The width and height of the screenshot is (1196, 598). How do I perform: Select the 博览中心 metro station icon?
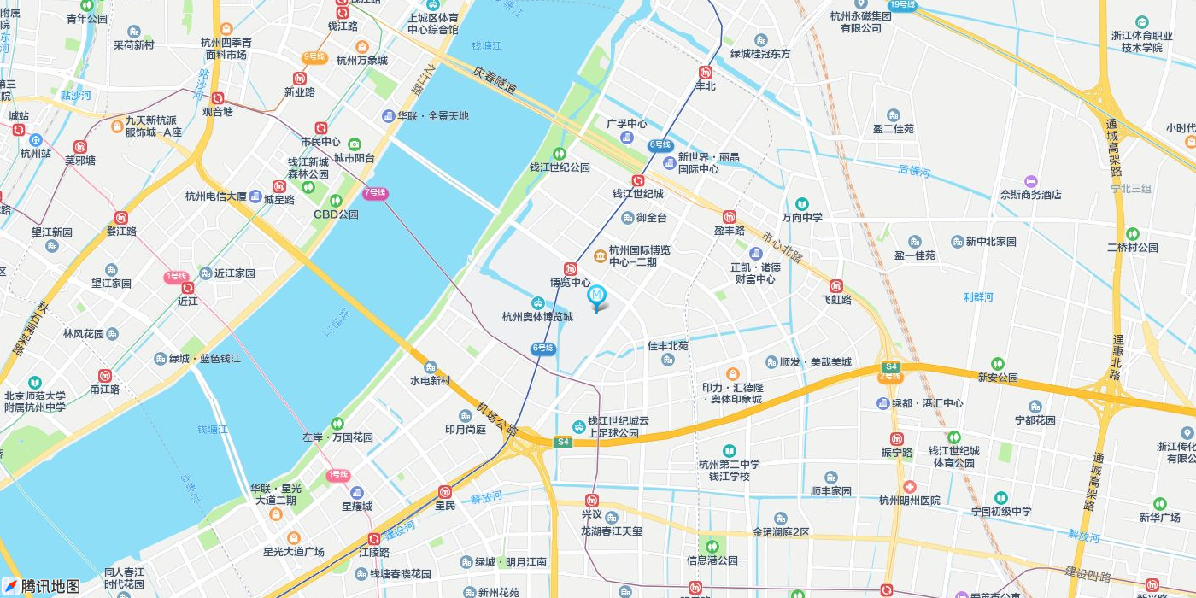click(x=571, y=268)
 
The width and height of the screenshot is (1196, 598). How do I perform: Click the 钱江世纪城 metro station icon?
click(x=637, y=180)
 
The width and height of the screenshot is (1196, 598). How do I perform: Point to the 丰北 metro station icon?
click(x=706, y=73)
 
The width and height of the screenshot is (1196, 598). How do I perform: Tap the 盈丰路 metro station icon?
click(x=729, y=217)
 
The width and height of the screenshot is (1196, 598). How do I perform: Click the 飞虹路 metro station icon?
click(x=836, y=286)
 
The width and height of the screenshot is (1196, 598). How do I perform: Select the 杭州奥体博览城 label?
click(x=537, y=316)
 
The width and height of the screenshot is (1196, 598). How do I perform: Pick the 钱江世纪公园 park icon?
click(x=560, y=154)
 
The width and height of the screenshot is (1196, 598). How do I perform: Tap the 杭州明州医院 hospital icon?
click(x=910, y=486)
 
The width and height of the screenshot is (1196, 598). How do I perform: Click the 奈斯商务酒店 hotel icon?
click(x=1031, y=181)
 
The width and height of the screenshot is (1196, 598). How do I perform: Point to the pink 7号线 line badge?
click(x=375, y=193)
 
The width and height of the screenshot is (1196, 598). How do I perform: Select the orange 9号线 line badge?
click(x=314, y=57)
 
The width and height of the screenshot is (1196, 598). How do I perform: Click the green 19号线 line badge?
click(x=902, y=5)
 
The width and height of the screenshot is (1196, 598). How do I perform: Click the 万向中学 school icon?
click(x=801, y=203)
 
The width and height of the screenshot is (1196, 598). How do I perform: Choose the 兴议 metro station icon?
click(x=592, y=501)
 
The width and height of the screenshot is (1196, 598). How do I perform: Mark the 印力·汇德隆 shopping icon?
click(x=732, y=373)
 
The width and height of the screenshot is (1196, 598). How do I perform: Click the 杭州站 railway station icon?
click(x=36, y=140)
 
